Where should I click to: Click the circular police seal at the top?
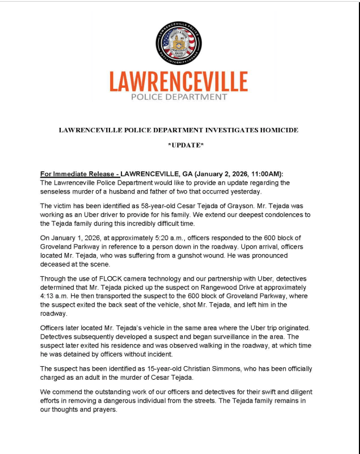click(178, 43)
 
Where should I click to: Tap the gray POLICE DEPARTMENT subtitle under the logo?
click(178, 98)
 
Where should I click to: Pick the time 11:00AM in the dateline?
click(262, 174)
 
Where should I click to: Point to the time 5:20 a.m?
click(155, 238)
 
